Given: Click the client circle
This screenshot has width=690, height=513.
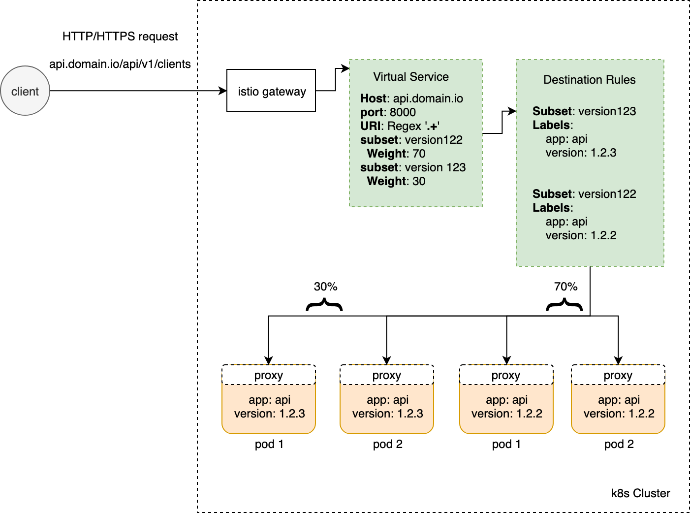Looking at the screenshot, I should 25,91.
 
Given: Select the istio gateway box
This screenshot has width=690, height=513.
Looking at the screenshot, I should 271,91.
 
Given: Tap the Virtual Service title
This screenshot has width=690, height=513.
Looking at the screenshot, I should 411,77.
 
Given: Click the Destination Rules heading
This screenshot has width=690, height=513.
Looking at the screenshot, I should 589,80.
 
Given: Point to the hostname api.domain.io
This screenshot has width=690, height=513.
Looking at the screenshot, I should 428,98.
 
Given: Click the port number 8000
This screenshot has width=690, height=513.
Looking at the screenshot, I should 403,112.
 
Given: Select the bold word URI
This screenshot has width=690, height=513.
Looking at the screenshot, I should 370,126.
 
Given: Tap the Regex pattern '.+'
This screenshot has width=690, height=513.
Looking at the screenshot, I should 432,126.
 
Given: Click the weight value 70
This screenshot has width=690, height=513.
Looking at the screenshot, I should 419,154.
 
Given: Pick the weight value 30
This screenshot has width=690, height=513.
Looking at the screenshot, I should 419,181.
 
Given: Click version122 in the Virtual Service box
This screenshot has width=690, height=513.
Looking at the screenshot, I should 434,140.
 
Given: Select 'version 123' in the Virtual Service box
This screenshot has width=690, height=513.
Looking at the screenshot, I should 435,167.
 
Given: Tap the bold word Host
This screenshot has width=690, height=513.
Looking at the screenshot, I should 373,98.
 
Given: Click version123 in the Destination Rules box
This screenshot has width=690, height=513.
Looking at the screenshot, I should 607,111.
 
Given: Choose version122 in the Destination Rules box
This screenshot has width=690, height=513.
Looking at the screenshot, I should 607,194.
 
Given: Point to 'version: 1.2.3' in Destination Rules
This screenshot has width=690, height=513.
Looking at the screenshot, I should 581,153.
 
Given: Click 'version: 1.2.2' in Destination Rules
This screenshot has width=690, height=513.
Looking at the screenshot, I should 581,235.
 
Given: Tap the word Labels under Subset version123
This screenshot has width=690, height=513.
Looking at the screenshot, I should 551,125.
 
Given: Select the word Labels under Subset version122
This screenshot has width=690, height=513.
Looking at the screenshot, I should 551,208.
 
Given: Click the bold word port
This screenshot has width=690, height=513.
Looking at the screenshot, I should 372,112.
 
